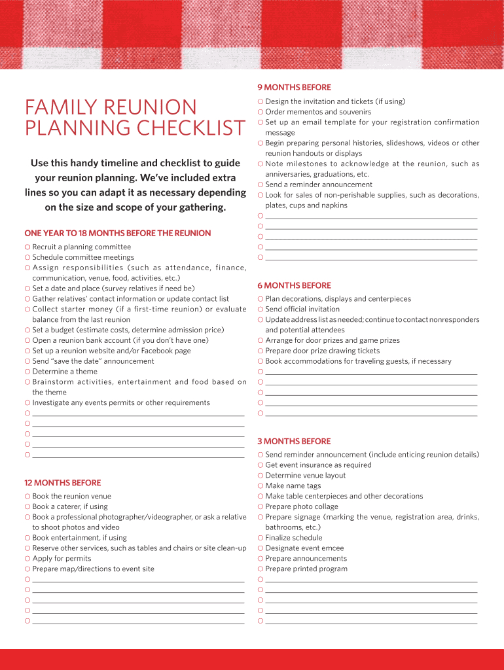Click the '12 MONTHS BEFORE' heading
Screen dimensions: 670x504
click(x=63, y=483)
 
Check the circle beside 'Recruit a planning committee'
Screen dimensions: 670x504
click(x=27, y=247)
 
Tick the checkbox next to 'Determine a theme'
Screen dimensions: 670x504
click(x=27, y=372)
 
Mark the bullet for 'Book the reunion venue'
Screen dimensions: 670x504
click(x=27, y=496)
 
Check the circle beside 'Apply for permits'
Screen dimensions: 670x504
click(x=27, y=559)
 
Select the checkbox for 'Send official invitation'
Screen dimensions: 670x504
click(x=261, y=309)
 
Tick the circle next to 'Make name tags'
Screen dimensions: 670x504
click(x=261, y=486)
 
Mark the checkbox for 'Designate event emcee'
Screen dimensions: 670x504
click(x=261, y=548)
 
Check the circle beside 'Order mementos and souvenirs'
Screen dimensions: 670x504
click(x=261, y=112)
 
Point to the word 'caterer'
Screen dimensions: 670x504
click(x=71, y=506)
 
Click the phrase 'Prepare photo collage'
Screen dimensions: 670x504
click(x=302, y=506)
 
